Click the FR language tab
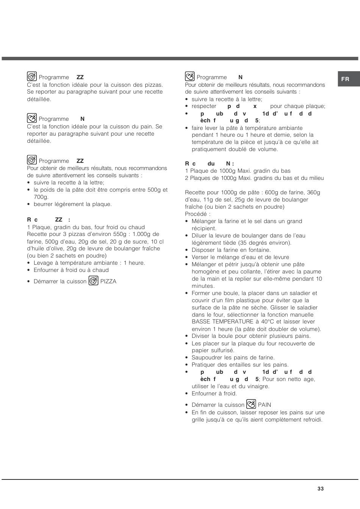click(x=345, y=79)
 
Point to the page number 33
click(x=321, y=489)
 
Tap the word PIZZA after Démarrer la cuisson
click(x=108, y=281)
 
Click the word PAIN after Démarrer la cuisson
click(x=265, y=405)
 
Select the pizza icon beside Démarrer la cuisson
click(x=93, y=281)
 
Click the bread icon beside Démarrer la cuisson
click(x=251, y=404)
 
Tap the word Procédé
click(x=197, y=214)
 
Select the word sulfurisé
click(x=222, y=351)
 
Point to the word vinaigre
click(x=257, y=386)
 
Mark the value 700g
click(x=41, y=197)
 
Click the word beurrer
click(x=44, y=204)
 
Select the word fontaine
click(x=258, y=250)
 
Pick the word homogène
click(x=205, y=272)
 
